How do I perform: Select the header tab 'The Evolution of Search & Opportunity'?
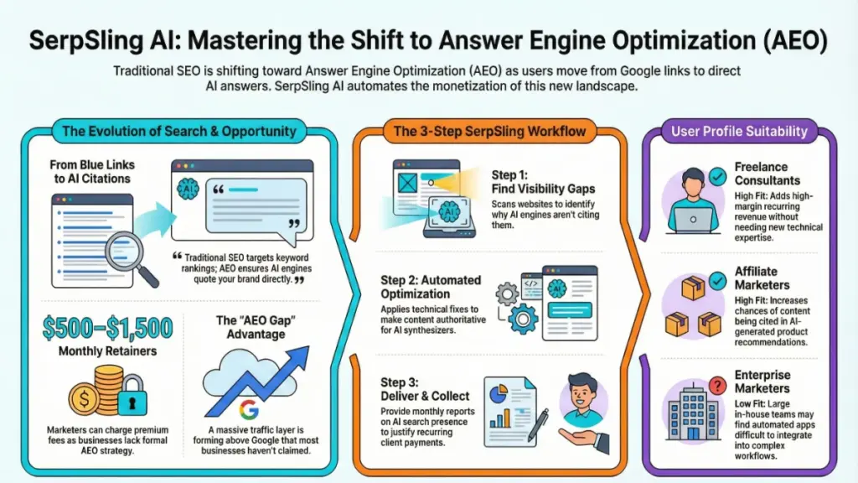(x=179, y=131)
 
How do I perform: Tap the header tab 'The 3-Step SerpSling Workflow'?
(x=489, y=131)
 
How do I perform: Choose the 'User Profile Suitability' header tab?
(x=739, y=131)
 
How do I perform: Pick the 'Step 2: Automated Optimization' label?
(x=431, y=288)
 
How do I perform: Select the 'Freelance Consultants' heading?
(x=767, y=174)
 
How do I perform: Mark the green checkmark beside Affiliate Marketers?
(x=716, y=279)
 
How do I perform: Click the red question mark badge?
(x=716, y=385)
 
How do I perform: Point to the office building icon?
(x=690, y=410)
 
